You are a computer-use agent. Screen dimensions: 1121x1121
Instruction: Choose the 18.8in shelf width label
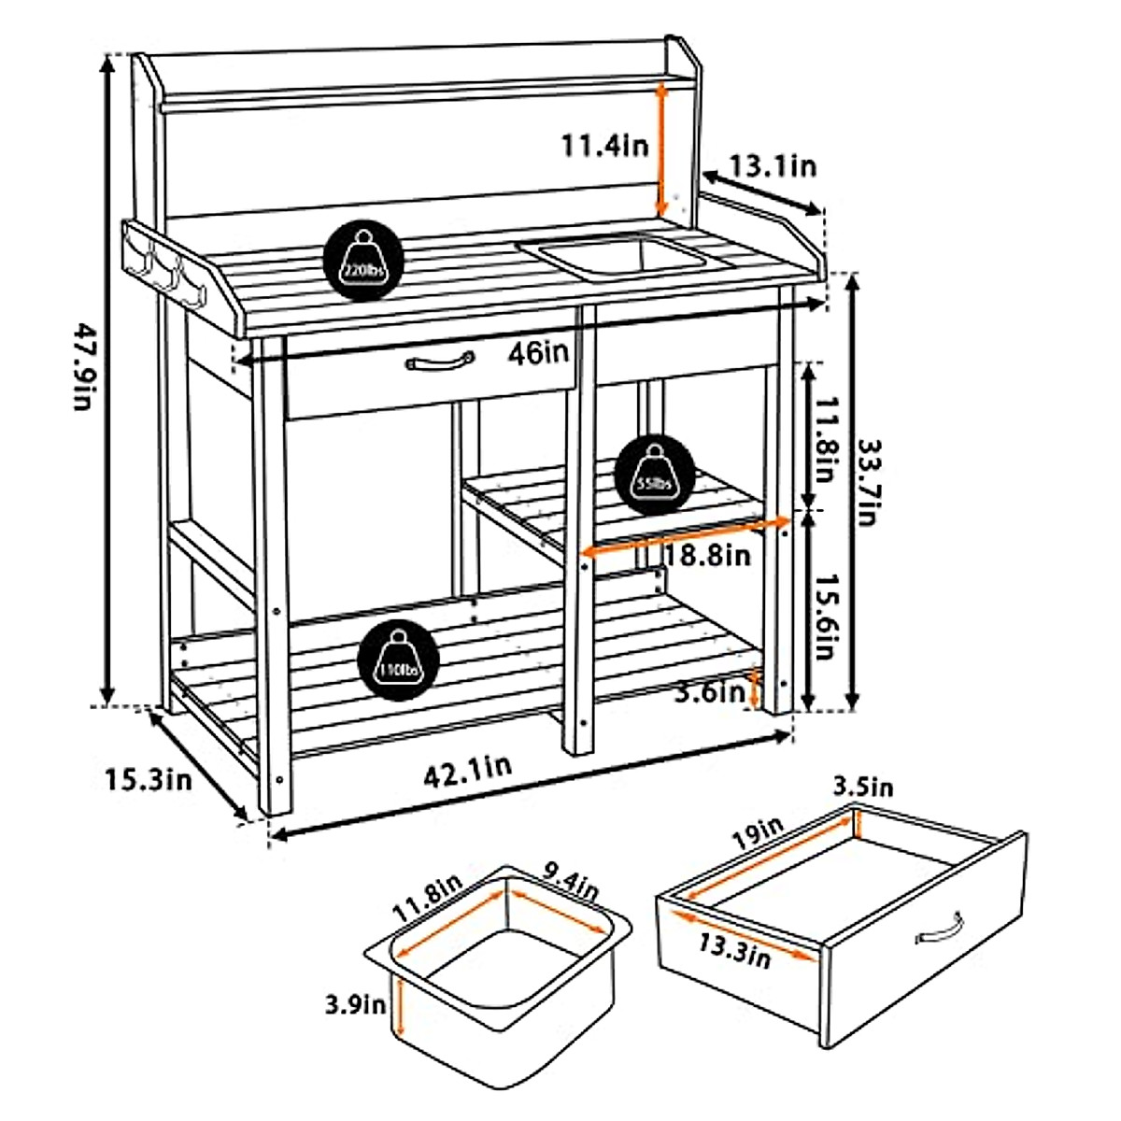point(707,556)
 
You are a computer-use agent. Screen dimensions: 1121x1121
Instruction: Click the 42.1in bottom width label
point(467,771)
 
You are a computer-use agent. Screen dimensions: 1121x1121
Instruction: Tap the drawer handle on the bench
point(440,362)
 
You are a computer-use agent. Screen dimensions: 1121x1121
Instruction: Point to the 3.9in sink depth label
point(355,1005)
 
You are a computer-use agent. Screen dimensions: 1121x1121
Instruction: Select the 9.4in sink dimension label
point(571,884)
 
